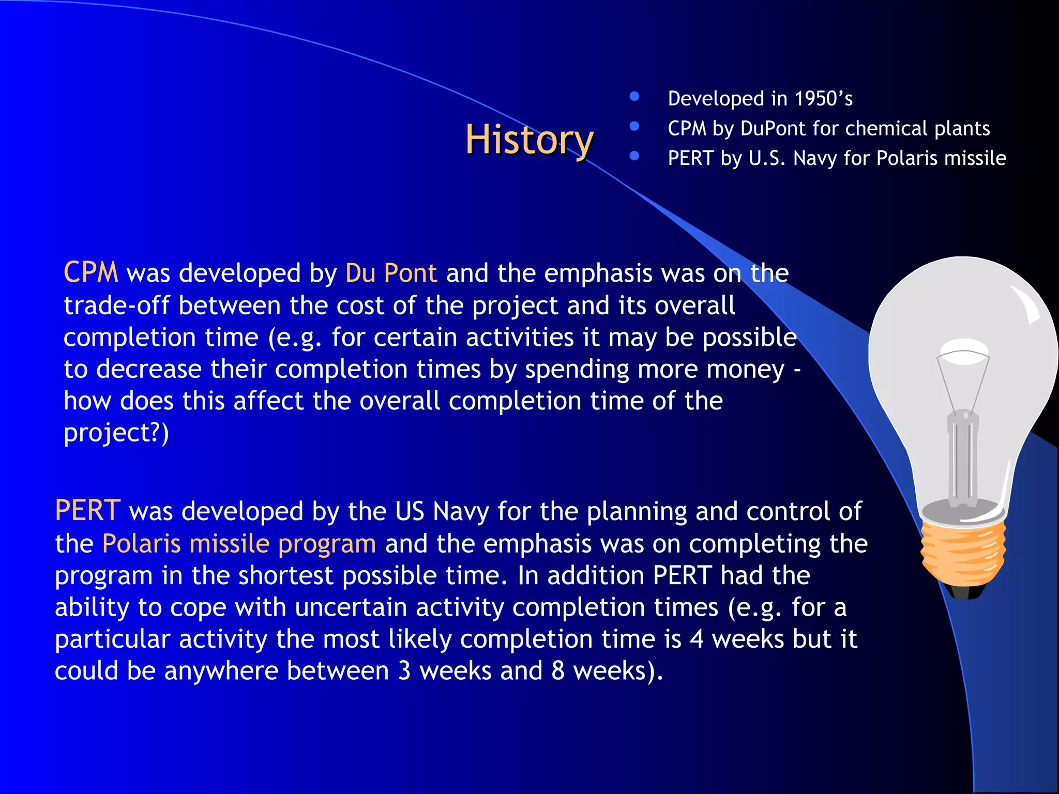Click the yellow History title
point(529,140)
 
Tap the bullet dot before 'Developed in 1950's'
point(634,97)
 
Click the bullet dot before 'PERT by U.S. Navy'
point(634,156)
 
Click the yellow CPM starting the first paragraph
point(90,272)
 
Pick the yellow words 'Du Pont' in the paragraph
point(391,273)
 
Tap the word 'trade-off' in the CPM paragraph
point(116,306)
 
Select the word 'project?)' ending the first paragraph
point(116,433)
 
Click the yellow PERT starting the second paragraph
point(88,511)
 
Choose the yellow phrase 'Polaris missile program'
point(239,544)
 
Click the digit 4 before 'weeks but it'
point(697,639)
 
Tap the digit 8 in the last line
point(557,671)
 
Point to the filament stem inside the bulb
point(963,455)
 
